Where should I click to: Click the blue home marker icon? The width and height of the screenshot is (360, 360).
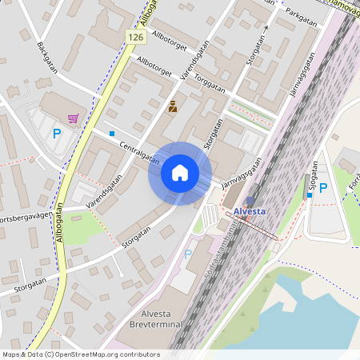[x=180, y=173]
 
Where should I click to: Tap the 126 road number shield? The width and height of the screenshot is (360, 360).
[x=134, y=38]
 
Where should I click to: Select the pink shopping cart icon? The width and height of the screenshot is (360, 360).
[x=74, y=118]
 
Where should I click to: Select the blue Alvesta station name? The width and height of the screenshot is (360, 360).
[x=250, y=212]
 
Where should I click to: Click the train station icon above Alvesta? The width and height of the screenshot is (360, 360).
[x=250, y=201]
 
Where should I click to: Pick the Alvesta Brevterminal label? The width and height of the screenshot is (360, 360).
[x=158, y=318]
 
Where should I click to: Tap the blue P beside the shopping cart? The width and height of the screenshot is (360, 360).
[x=57, y=134]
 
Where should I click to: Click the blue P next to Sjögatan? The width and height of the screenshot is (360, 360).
[x=323, y=188]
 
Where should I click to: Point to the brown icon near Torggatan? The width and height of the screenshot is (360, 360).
[x=173, y=106]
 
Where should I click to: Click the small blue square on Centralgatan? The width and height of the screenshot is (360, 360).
[x=112, y=133]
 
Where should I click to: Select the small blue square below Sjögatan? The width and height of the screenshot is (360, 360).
[x=310, y=195]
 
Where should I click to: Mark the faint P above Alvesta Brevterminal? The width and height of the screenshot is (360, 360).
[x=188, y=254]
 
